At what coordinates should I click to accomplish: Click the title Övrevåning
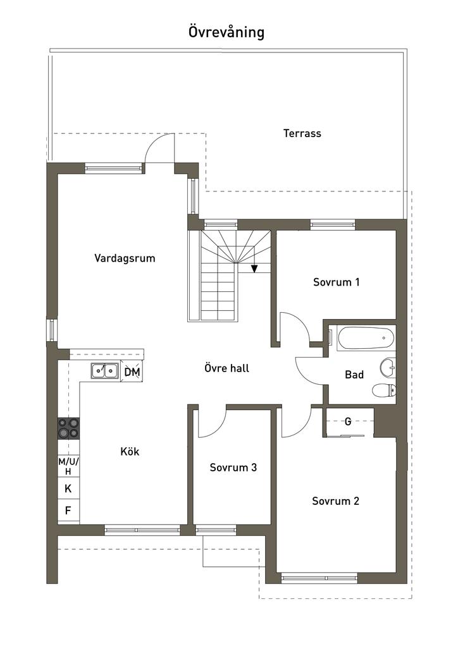(x=226, y=32)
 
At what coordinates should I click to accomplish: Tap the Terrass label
(x=302, y=133)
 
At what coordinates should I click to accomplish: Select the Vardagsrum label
(x=125, y=258)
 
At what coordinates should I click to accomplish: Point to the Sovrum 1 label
(x=336, y=282)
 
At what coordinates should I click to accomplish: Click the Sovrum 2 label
(x=335, y=501)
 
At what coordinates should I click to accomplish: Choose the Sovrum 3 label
(x=233, y=468)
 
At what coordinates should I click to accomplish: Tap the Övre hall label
(x=226, y=368)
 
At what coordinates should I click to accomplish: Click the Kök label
(x=130, y=451)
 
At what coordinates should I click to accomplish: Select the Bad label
(x=354, y=375)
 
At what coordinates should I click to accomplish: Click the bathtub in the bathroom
(x=366, y=339)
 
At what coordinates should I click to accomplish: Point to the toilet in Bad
(x=384, y=390)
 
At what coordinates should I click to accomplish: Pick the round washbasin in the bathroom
(x=388, y=368)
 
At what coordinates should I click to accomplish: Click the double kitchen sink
(x=104, y=370)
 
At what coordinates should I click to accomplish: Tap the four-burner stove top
(x=68, y=428)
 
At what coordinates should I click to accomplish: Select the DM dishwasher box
(x=132, y=372)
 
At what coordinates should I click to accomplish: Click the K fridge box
(x=68, y=488)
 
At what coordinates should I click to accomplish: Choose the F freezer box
(x=68, y=511)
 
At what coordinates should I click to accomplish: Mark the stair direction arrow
(x=254, y=269)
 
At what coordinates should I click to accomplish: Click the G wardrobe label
(x=348, y=421)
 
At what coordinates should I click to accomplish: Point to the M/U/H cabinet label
(x=68, y=466)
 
